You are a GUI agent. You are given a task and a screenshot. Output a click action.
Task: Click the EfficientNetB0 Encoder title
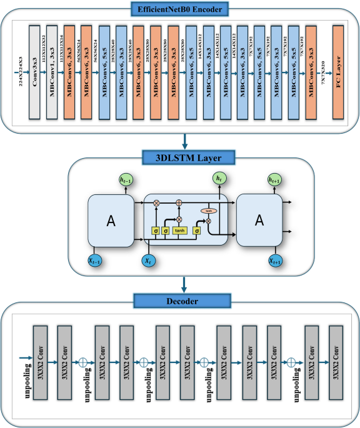(179, 9)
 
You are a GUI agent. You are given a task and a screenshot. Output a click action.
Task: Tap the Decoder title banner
(179, 301)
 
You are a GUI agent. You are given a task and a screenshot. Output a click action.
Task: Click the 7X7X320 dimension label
(323, 74)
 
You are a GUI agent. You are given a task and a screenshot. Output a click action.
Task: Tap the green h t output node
(217, 179)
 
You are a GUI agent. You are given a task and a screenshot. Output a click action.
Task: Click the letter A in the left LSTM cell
(111, 221)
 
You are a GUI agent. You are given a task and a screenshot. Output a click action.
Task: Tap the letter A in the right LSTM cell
(259, 221)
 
